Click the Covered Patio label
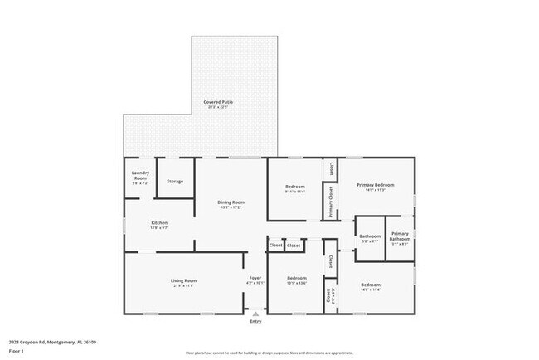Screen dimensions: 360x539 click(218, 102)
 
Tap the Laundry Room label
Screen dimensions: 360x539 click(140, 176)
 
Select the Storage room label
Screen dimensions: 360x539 click(175, 181)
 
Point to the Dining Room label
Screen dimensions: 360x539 click(231, 202)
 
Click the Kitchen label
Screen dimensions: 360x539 click(159, 223)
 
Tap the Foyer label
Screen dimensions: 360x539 click(255, 278)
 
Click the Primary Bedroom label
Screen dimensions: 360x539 click(375, 184)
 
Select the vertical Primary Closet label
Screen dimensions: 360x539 click(331, 202)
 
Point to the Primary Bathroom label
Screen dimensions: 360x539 click(400, 236)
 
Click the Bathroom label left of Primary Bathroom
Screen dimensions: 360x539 click(370, 237)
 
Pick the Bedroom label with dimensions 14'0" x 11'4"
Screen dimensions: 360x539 click(370, 285)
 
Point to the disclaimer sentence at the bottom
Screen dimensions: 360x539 click(269, 352)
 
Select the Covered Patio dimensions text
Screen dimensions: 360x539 click(218, 107)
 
